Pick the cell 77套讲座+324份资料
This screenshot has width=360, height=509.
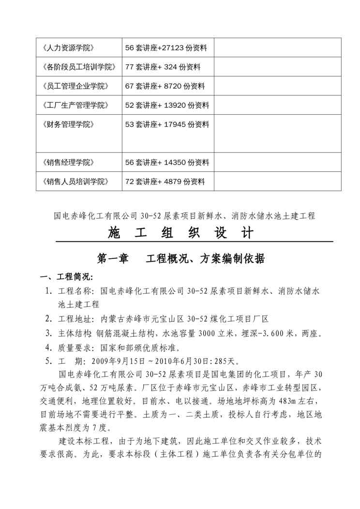point(163,67)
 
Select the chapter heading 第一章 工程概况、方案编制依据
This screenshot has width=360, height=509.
point(181,259)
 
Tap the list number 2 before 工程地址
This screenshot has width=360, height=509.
point(48,319)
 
